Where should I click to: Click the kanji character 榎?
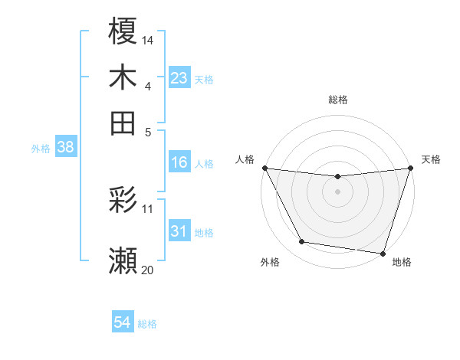(x=123, y=31)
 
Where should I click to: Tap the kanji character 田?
(x=123, y=123)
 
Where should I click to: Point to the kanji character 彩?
(x=123, y=201)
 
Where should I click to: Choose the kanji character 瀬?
(x=123, y=261)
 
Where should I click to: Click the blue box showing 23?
(x=179, y=78)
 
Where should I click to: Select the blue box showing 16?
(x=179, y=162)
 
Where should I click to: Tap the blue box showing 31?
(x=179, y=231)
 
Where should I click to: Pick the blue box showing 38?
(x=64, y=148)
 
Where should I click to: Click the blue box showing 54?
(x=122, y=323)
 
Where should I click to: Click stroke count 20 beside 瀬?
(x=148, y=269)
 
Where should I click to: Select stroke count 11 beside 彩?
(x=148, y=208)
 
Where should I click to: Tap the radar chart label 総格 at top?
(x=337, y=100)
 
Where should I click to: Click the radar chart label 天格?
(x=431, y=159)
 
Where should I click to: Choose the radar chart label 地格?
(x=402, y=263)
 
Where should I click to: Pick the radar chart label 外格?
(x=270, y=263)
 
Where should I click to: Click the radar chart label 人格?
(x=245, y=159)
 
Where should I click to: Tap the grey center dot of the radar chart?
(x=337, y=191)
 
